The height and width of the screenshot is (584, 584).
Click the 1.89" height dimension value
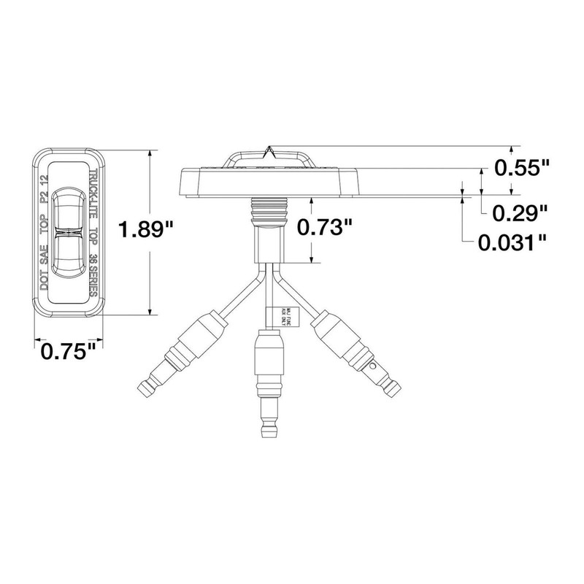pyautogui.click(x=145, y=231)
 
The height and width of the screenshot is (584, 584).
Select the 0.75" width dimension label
pyautogui.click(x=69, y=352)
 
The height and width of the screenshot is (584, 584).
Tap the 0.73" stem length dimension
pyautogui.click(x=320, y=228)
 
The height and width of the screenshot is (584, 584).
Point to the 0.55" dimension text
pyautogui.click(x=521, y=169)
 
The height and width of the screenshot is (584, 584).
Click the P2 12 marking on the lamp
pyautogui.click(x=45, y=189)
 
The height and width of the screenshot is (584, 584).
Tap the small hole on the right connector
pyautogui.click(x=373, y=366)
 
